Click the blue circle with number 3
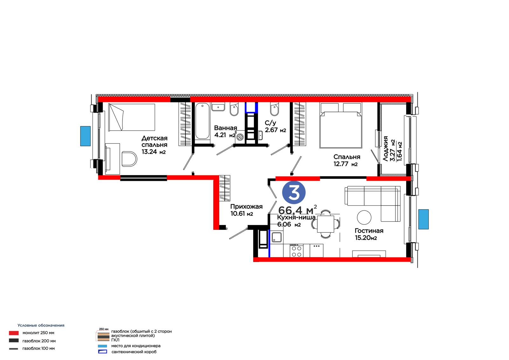(294, 192)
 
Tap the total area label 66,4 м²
(297, 210)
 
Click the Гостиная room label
(369, 230)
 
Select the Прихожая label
(246, 207)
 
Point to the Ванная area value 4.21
(220, 135)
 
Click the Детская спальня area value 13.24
(149, 152)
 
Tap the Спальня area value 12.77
(341, 164)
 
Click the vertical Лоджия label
(386, 149)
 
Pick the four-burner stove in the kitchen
(296, 251)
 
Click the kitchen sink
(276, 237)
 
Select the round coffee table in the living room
(364, 217)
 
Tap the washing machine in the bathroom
(240, 137)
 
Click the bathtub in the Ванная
(202, 121)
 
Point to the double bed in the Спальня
(341, 125)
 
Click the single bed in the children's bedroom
(132, 117)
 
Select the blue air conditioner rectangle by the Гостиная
(423, 219)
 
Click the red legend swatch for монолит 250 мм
(14, 333)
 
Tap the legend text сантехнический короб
(134, 352)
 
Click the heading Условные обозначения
(41, 325)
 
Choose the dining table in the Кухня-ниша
(326, 224)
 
